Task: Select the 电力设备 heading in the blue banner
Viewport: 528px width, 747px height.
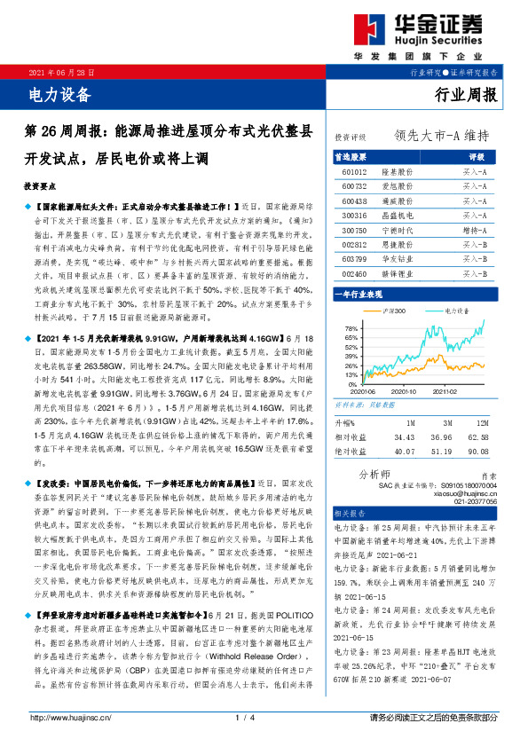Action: tap(60, 91)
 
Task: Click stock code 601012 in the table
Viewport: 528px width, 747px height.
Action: tap(355, 170)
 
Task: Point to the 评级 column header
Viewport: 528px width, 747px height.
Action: tap(474, 155)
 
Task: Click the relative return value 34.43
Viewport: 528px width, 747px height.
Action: tap(405, 436)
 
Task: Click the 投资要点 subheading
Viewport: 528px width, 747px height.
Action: tap(42, 187)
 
